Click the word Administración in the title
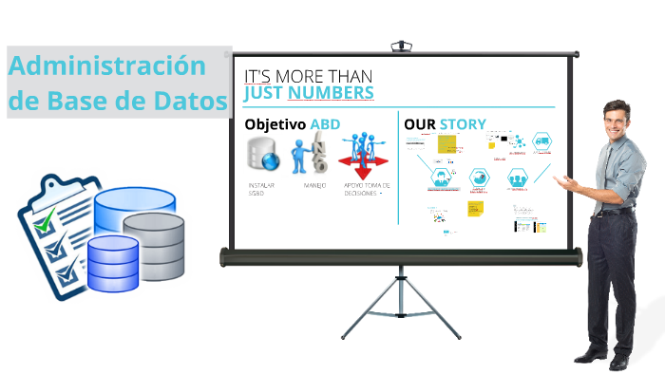[106, 66]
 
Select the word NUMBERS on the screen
[331, 93]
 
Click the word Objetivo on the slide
[275, 124]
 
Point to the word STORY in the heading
[463, 124]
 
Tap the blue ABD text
[326, 124]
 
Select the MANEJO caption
[314, 185]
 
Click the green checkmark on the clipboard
[45, 224]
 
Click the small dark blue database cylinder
[112, 262]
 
